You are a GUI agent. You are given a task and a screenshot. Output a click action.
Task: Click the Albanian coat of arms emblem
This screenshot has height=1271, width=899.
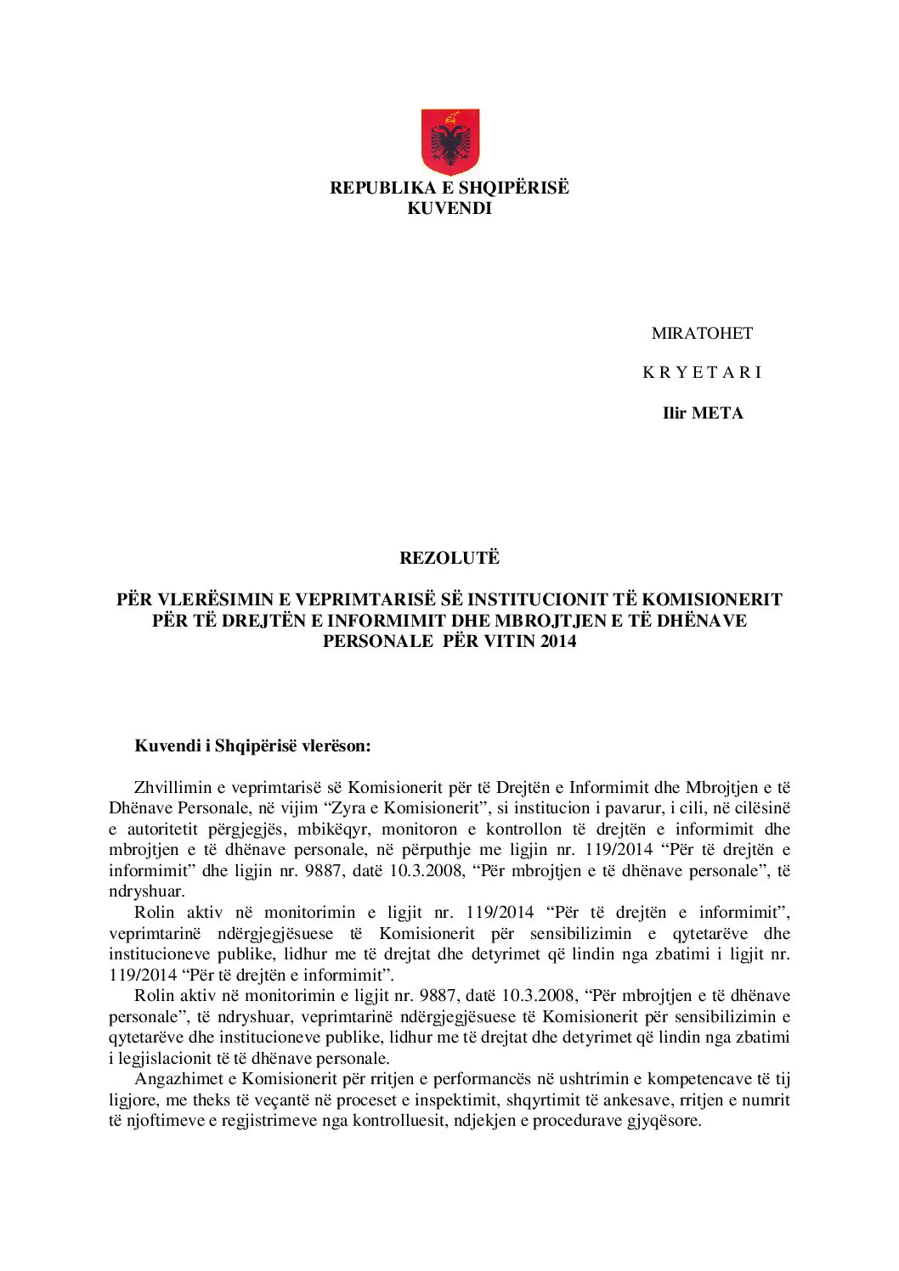[450, 142]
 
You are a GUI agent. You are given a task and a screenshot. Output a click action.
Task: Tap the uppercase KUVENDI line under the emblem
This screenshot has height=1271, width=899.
[449, 208]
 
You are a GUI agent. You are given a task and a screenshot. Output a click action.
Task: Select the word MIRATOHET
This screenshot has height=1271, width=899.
[702, 333]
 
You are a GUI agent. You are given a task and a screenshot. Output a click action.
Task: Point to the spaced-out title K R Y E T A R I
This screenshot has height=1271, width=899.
[702, 372]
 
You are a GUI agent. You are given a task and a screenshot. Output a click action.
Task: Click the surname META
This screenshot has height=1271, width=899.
[717, 413]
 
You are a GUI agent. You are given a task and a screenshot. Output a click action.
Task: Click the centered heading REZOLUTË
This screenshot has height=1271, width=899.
[449, 558]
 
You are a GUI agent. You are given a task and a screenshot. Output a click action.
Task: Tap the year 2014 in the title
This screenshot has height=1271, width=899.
[557, 641]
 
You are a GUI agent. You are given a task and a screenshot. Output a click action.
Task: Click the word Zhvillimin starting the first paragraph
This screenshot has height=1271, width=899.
[173, 788]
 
